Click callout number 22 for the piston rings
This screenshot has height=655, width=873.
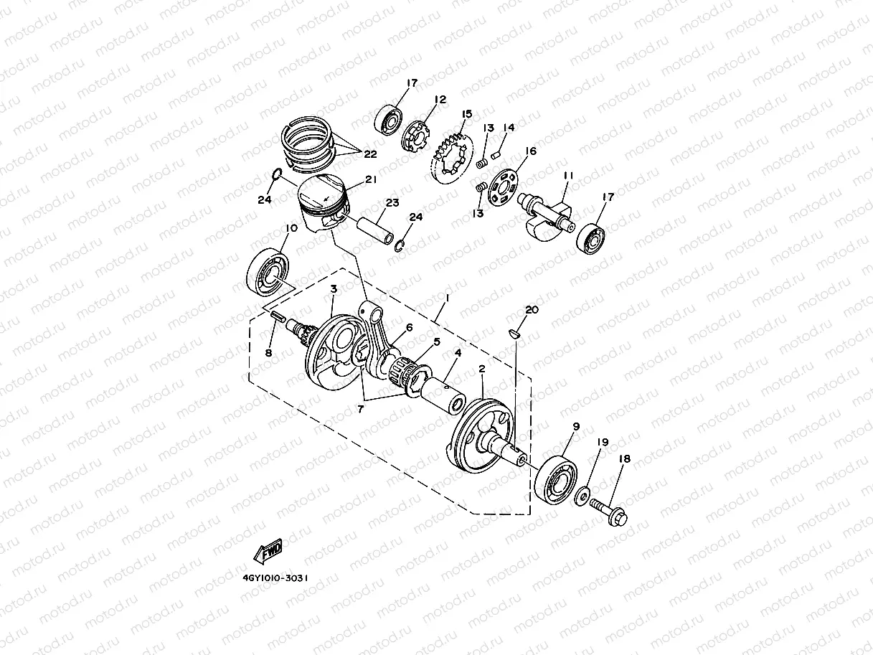371,154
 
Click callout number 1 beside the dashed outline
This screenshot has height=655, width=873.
446,296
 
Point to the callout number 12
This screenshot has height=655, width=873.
440,100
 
